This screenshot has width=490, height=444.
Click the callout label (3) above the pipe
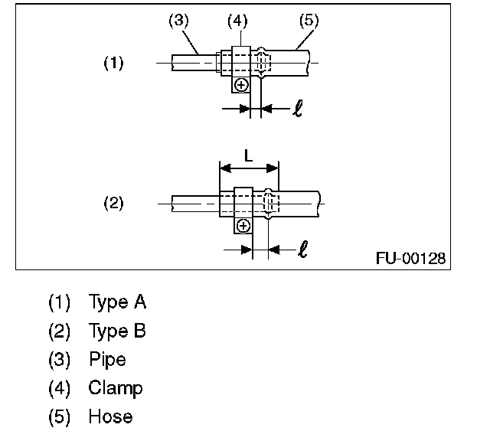tap(178, 21)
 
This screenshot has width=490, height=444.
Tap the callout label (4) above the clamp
tap(237, 21)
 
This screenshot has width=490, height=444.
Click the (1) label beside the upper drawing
tap(113, 64)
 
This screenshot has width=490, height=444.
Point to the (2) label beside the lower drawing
tap(113, 204)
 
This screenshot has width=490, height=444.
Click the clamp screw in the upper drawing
tap(240, 85)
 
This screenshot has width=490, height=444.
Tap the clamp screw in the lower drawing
tap(243, 225)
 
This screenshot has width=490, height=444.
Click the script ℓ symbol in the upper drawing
tap(297, 109)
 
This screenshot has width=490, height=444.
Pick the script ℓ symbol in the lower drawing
tap(303, 249)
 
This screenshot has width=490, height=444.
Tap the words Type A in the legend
tap(117, 302)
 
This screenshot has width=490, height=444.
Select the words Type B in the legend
tap(117, 331)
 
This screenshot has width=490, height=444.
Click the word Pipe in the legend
tap(107, 359)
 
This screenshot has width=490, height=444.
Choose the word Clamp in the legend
tap(115, 388)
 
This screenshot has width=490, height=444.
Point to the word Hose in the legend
tap(110, 416)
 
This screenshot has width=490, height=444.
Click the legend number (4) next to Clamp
tap(59, 388)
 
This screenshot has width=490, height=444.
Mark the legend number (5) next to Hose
tap(59, 416)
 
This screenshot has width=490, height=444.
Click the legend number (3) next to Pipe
tap(59, 359)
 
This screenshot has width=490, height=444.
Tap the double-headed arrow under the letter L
tap(249, 168)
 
